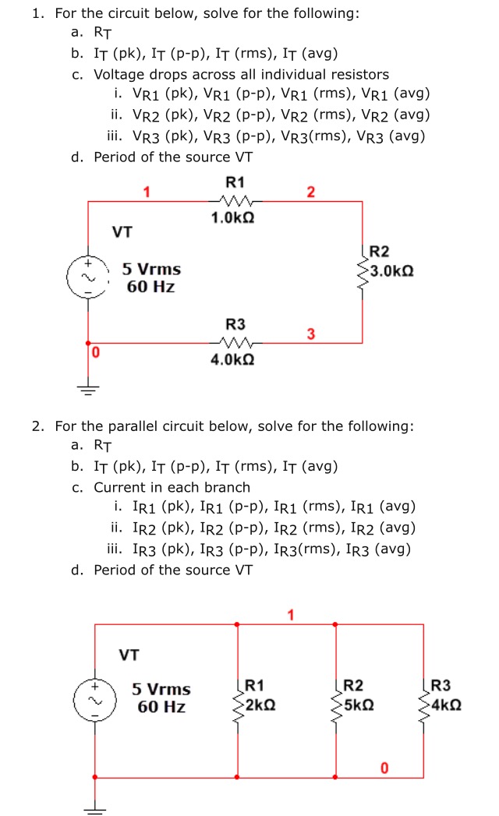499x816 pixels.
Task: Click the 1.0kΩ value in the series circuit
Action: click(x=233, y=217)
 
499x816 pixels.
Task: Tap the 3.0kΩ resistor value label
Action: click(x=391, y=271)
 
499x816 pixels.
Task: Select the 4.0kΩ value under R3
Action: click(x=233, y=359)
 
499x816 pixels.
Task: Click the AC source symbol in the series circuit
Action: click(x=87, y=277)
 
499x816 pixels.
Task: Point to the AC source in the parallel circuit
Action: click(x=95, y=701)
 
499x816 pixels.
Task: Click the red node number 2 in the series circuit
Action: click(x=311, y=192)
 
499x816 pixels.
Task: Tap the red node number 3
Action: click(x=311, y=334)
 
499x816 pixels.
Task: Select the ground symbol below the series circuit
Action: click(x=88, y=390)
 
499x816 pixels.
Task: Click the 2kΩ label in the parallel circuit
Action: click(x=261, y=705)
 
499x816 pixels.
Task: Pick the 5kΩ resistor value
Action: click(x=359, y=705)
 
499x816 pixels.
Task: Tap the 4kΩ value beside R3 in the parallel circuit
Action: click(x=447, y=705)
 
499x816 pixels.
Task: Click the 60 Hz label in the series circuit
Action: click(x=151, y=287)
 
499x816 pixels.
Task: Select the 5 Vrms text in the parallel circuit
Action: click(x=161, y=689)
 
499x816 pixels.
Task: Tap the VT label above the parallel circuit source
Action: click(x=129, y=655)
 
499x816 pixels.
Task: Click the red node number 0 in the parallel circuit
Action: click(x=384, y=768)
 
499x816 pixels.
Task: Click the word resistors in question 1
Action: click(x=360, y=74)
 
